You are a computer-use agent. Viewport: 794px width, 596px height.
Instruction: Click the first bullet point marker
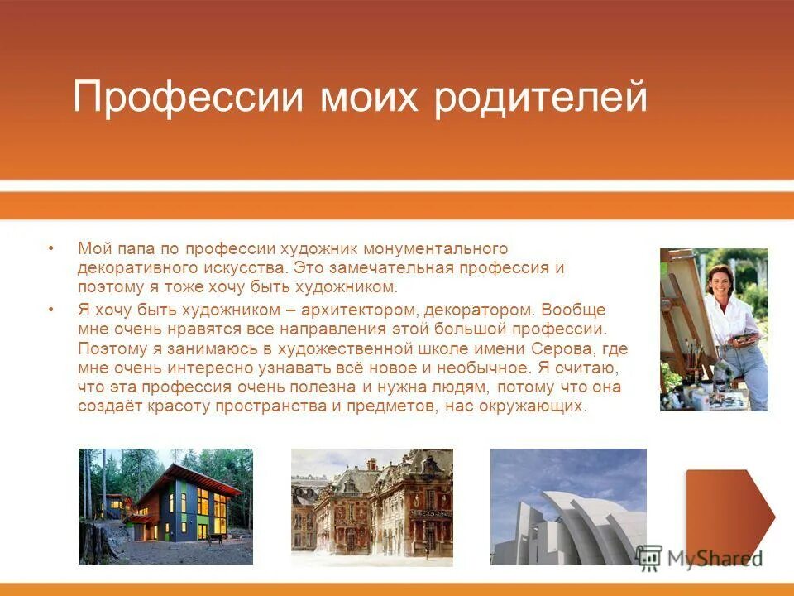pos(51,248)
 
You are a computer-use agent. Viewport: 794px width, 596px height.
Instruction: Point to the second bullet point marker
pos(51,310)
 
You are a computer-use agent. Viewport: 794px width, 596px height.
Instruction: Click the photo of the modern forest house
pos(165,506)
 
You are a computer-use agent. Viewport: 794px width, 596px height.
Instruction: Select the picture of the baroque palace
pos(371,507)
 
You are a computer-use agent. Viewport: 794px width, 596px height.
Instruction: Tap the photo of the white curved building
pos(568,507)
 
